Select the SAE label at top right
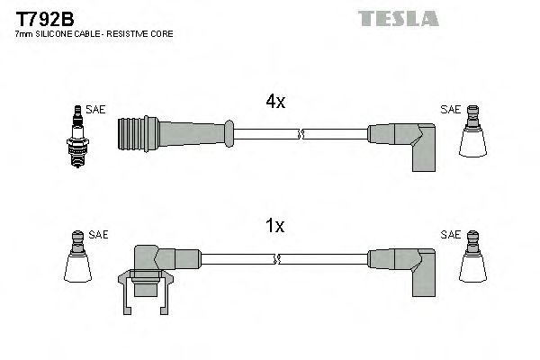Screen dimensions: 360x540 click(450, 110)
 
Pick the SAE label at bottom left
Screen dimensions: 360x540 click(99, 235)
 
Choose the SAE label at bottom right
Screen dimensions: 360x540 click(450, 235)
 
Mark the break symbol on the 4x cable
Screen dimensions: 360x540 click(301, 135)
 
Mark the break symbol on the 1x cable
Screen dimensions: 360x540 click(279, 259)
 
